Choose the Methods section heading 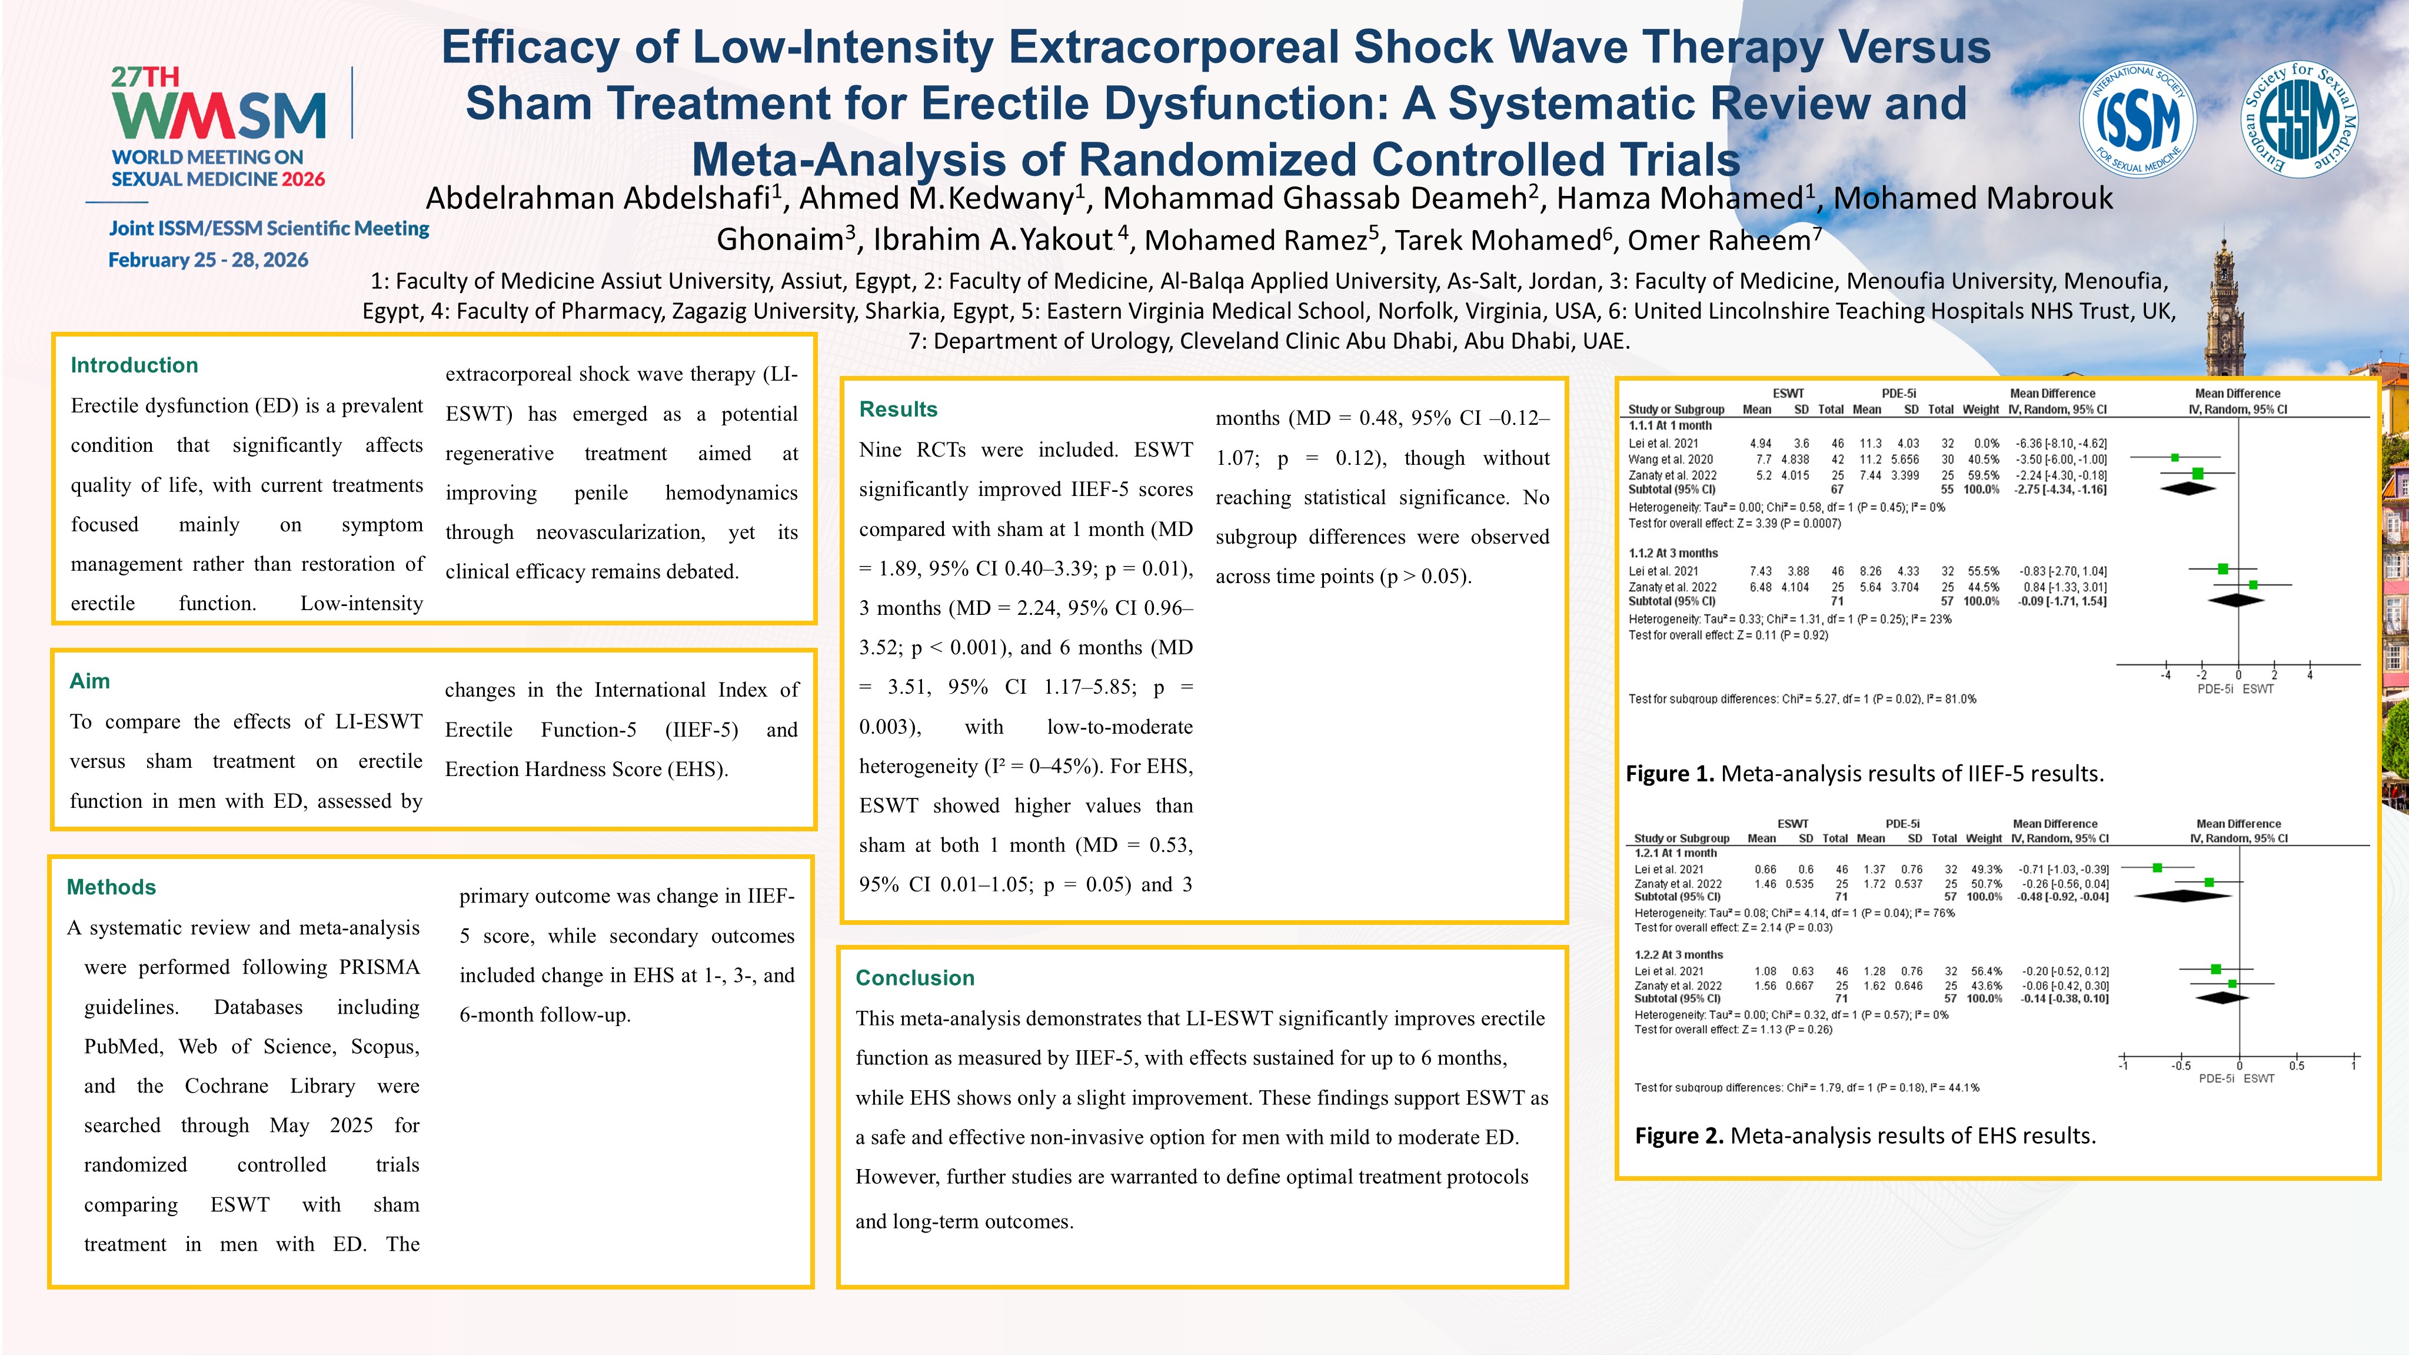[111, 887]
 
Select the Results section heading [898, 410]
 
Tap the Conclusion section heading [914, 978]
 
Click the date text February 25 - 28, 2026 [208, 260]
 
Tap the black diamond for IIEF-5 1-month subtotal [2188, 488]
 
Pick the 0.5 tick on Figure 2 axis [2297, 1066]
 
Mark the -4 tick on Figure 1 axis [2166, 675]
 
